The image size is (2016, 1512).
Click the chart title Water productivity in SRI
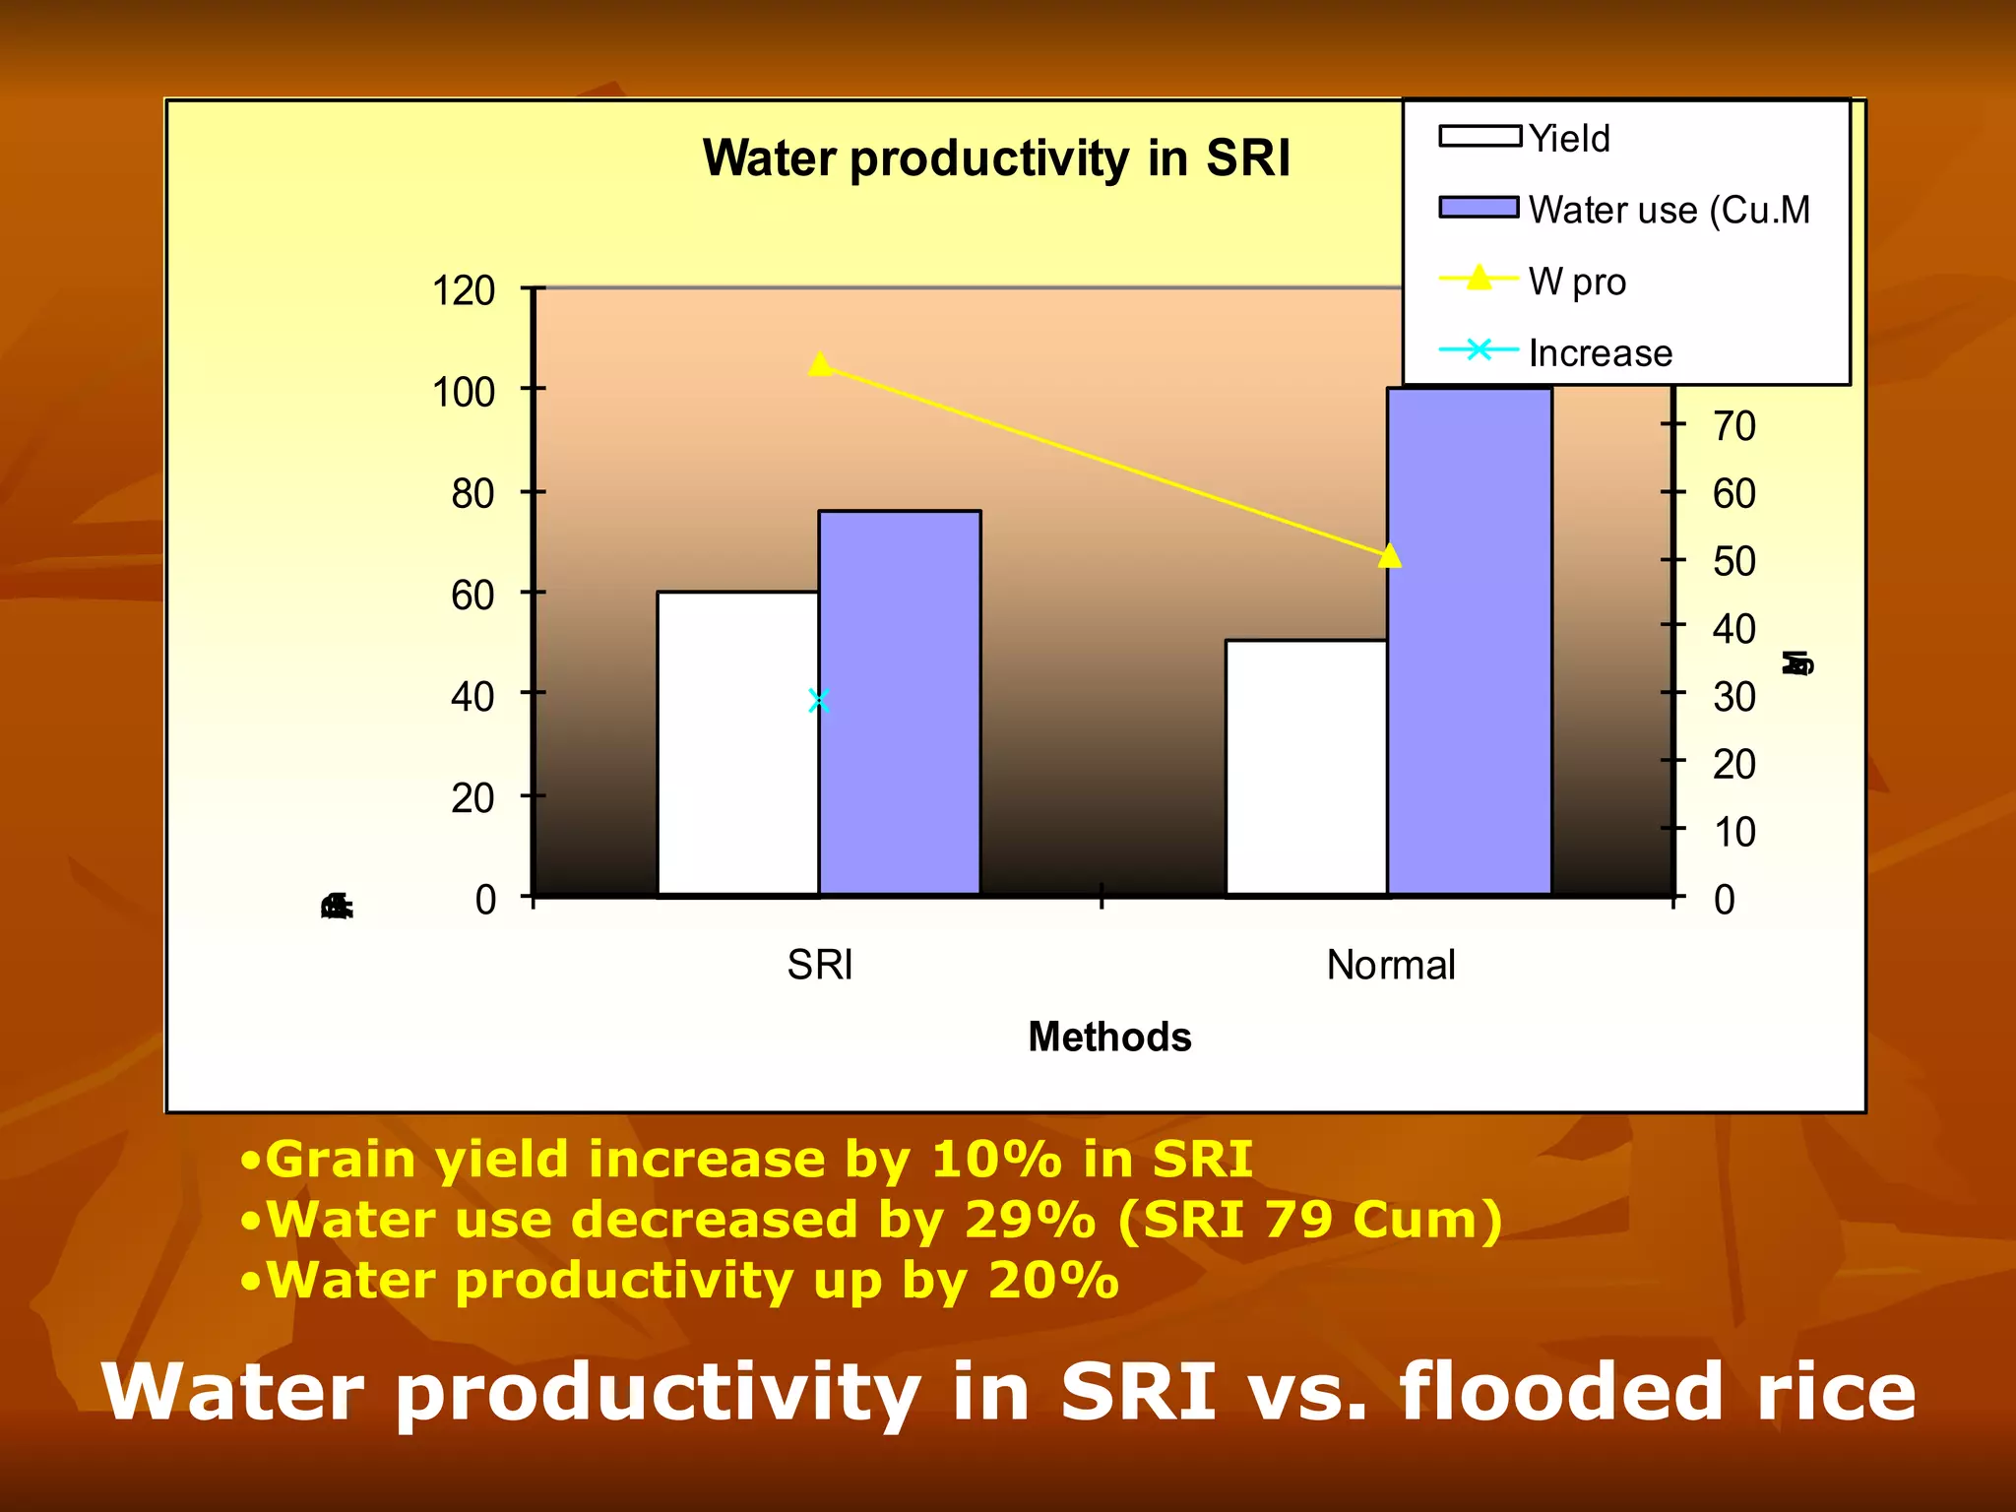click(995, 158)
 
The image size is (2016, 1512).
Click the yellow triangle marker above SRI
click(821, 365)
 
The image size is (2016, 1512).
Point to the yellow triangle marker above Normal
click(1389, 556)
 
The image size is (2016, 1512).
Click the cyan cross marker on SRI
click(819, 701)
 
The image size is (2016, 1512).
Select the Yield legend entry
click(1569, 139)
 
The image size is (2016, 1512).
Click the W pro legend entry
click(1576, 282)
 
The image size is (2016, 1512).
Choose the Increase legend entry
click(1600, 352)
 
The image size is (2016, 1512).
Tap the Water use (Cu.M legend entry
click(1669, 210)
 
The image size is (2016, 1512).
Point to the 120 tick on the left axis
click(464, 291)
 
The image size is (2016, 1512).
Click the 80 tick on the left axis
click(472, 493)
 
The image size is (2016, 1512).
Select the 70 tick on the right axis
click(1733, 426)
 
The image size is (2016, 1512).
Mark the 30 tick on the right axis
click(1733, 697)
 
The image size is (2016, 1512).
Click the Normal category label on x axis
click(1390, 965)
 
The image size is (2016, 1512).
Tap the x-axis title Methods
click(1109, 1037)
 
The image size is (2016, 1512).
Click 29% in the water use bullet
click(1030, 1220)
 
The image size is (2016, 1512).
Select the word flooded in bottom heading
click(1560, 1391)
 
